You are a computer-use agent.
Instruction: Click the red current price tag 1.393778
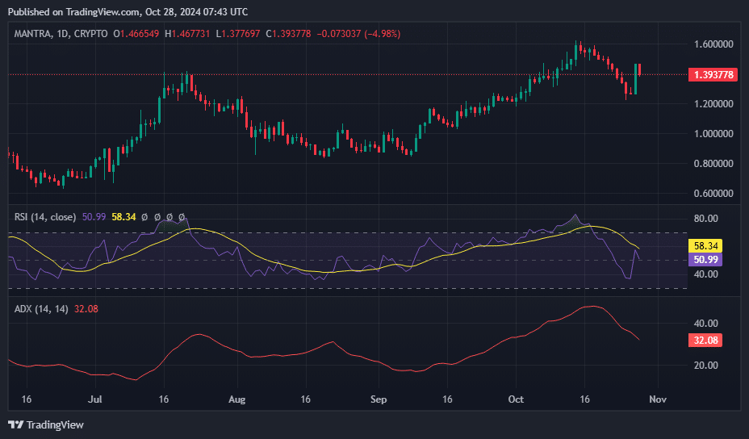point(713,74)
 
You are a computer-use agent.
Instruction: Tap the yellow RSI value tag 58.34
point(705,246)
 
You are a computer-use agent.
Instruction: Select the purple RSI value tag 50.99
point(705,259)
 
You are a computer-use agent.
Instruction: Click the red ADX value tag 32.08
point(705,340)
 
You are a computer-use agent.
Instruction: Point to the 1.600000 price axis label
point(713,44)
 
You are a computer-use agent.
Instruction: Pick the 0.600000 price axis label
point(713,193)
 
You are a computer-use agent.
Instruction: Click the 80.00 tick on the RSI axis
point(705,219)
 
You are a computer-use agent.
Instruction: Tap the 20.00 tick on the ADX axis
point(705,365)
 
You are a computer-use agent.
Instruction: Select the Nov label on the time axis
point(658,399)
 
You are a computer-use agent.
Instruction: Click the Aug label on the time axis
point(237,399)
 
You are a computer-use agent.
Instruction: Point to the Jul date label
point(95,399)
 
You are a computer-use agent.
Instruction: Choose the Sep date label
point(379,399)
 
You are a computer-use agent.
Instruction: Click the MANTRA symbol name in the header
point(32,34)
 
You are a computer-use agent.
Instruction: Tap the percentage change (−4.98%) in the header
point(383,34)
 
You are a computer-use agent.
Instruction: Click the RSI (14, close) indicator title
point(45,217)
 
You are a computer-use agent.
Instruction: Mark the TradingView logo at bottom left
point(46,424)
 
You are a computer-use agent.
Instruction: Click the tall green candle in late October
point(635,79)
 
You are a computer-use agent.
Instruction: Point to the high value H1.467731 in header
point(186,34)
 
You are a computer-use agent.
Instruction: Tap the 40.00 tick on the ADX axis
point(705,324)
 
